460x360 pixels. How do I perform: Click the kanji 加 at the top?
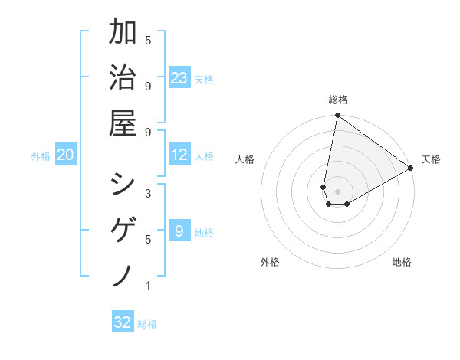click(123, 34)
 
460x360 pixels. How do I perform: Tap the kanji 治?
click(123, 78)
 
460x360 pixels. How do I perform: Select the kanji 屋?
click(123, 122)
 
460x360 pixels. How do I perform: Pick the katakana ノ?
click(123, 274)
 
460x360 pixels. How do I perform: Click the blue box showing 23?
click(179, 77)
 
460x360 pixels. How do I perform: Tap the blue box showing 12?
click(179, 155)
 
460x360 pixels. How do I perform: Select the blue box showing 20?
click(66, 155)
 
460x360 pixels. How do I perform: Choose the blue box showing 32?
click(123, 322)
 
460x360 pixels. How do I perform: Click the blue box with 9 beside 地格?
click(179, 231)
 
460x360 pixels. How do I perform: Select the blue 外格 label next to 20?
click(41, 156)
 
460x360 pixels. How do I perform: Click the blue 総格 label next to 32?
click(147, 324)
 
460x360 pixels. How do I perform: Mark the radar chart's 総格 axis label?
click(338, 100)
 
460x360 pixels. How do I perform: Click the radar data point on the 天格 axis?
click(411, 169)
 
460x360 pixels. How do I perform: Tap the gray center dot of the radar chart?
click(338, 191)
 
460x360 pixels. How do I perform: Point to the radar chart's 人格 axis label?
click(245, 159)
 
